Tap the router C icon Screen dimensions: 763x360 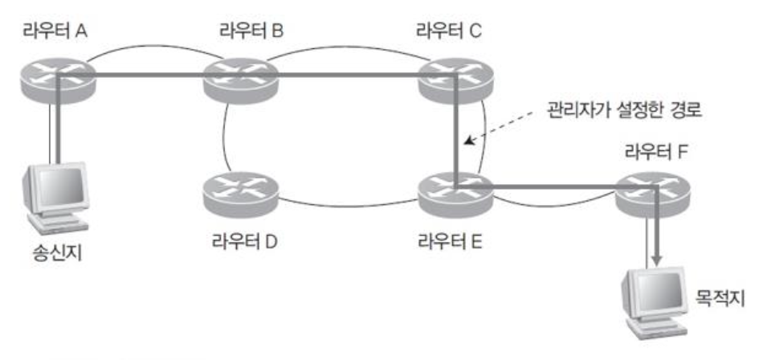click(454, 77)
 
